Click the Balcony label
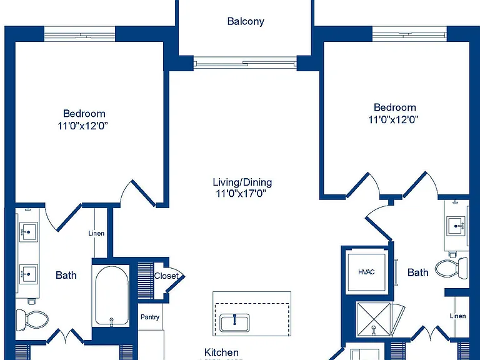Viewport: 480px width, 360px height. pos(246,21)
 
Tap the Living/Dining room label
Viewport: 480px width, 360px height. pos(242,182)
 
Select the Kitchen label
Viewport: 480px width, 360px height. pos(221,352)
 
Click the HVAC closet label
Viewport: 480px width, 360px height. pos(366,272)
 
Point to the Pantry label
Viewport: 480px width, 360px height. pos(150,317)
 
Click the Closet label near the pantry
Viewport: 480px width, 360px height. pos(166,276)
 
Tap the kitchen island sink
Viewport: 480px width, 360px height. pos(235,323)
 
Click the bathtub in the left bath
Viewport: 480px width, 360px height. pos(111,296)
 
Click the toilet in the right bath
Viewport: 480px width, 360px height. pos(451,268)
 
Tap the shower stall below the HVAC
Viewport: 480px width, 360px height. pos(374,319)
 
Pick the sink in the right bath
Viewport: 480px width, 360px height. pos(456,226)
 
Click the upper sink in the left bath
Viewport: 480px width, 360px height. pos(29,232)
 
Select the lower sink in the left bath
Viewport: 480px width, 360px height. pos(29,274)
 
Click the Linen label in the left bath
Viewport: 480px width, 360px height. pos(96,233)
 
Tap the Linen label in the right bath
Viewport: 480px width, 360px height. pos(457,316)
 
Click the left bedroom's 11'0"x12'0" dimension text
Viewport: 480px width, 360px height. pos(83,126)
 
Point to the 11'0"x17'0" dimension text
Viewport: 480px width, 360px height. pos(241,194)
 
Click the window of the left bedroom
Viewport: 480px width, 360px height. pos(80,34)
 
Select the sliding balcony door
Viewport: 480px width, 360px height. pos(245,63)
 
